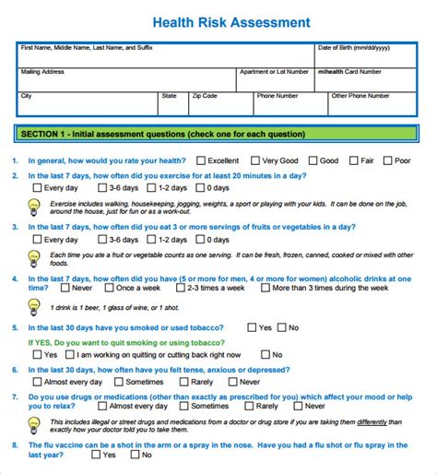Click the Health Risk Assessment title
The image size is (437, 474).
pos(218,21)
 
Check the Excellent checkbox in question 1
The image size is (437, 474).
pos(201,160)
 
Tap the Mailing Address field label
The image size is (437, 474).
pos(42,71)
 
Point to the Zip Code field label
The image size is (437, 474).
pos(204,95)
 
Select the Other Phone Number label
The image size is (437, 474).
pos(361,95)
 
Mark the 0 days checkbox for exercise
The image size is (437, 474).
pos(201,187)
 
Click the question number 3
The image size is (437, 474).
pos(15,227)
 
